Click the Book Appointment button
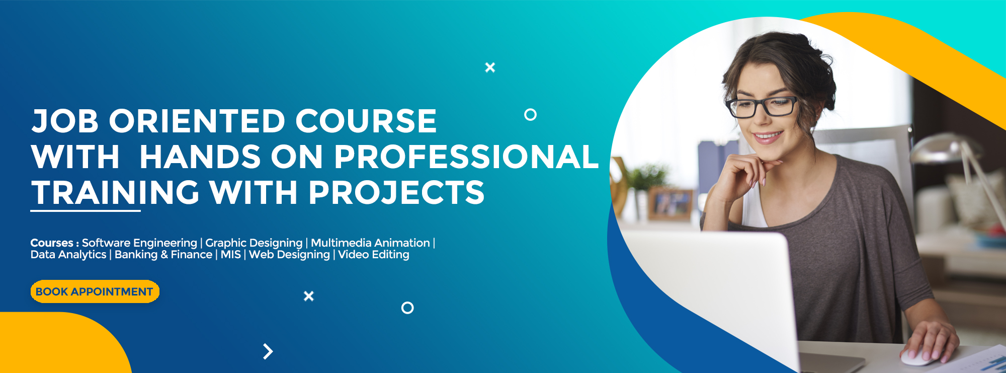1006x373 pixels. click(x=95, y=291)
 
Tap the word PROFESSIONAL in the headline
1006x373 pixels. click(x=466, y=157)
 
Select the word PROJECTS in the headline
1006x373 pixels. click(x=396, y=193)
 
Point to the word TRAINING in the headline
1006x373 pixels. click(x=115, y=193)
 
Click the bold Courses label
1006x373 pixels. click(x=52, y=243)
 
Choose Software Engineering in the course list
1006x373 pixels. click(x=139, y=243)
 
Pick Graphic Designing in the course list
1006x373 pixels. click(x=254, y=243)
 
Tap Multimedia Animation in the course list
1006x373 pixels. click(x=370, y=243)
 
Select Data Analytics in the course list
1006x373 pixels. click(x=68, y=255)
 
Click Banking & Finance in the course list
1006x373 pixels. click(x=163, y=255)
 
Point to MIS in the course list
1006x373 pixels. click(x=231, y=255)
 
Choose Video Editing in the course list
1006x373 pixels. click(x=374, y=255)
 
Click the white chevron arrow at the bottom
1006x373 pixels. click(x=268, y=351)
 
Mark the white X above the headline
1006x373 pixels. click(x=490, y=67)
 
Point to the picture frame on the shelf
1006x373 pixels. click(x=670, y=204)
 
